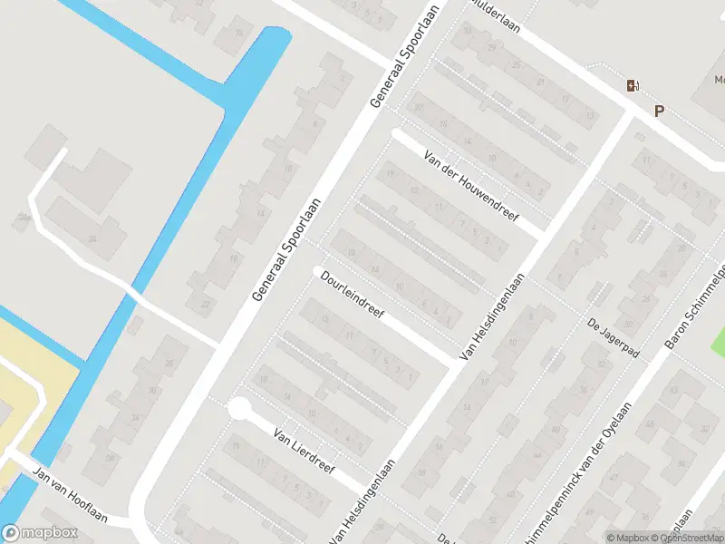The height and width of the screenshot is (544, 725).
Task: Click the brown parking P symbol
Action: point(659,111)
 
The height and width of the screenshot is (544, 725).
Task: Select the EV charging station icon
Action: point(632,86)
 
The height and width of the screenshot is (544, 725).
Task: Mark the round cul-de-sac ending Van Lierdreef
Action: point(239,409)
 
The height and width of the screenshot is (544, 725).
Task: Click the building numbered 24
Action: point(92,238)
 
